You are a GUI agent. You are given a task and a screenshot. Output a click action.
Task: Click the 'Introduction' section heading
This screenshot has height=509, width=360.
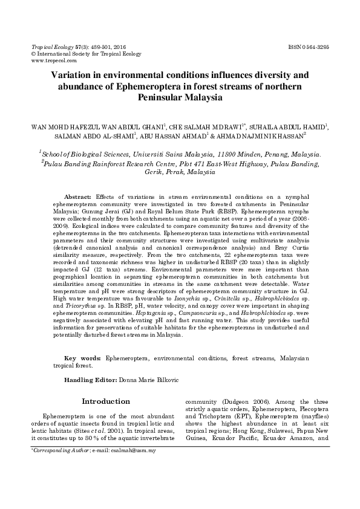[105, 401]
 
